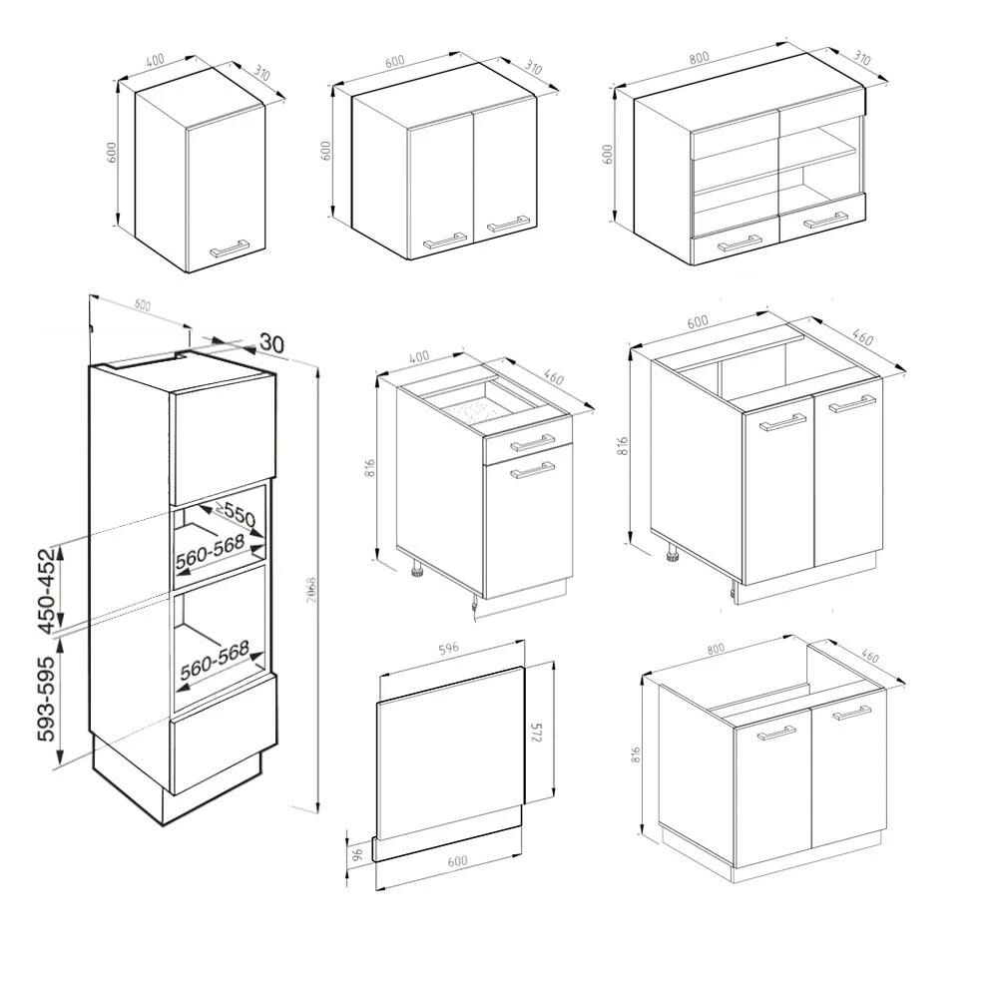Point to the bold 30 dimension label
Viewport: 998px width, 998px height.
click(x=270, y=342)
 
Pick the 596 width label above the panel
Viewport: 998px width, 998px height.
click(x=448, y=649)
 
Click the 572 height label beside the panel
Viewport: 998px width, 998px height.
click(x=538, y=734)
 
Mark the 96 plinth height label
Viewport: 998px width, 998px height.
click(x=356, y=855)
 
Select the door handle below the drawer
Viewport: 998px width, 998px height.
click(x=532, y=471)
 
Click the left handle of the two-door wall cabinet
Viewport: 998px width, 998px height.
click(x=445, y=239)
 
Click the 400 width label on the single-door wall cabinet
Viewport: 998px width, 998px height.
click(x=155, y=60)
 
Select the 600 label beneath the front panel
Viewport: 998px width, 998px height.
click(x=457, y=861)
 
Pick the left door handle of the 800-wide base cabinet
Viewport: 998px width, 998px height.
click(x=777, y=734)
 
